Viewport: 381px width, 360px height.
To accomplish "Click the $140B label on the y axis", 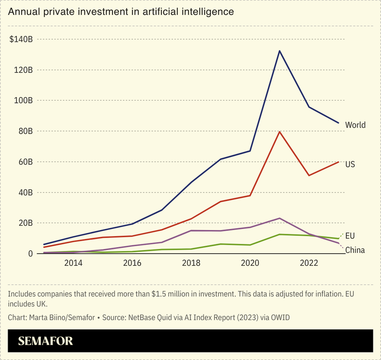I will tap(20, 39).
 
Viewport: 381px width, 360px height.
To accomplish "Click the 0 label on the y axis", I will tap(30, 254).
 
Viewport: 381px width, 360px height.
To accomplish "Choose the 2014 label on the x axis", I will tap(73, 263).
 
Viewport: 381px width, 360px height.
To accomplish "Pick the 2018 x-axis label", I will tap(191, 263).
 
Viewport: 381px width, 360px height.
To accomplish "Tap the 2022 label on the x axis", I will tap(309, 263).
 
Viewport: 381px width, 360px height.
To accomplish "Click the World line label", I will tap(355, 125).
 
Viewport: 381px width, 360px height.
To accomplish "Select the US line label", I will tap(350, 164).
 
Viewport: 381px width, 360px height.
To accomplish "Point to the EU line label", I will tap(350, 236).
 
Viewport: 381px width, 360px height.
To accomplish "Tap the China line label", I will tap(355, 250).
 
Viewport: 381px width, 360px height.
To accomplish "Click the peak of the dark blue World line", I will tap(280, 50).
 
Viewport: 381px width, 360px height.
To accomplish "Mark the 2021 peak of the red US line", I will tap(280, 132).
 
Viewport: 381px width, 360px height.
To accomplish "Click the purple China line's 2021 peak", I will tap(280, 218).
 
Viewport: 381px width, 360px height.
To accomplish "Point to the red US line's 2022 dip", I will tap(309, 176).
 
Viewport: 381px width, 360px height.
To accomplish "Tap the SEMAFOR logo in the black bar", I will tap(46, 341).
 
